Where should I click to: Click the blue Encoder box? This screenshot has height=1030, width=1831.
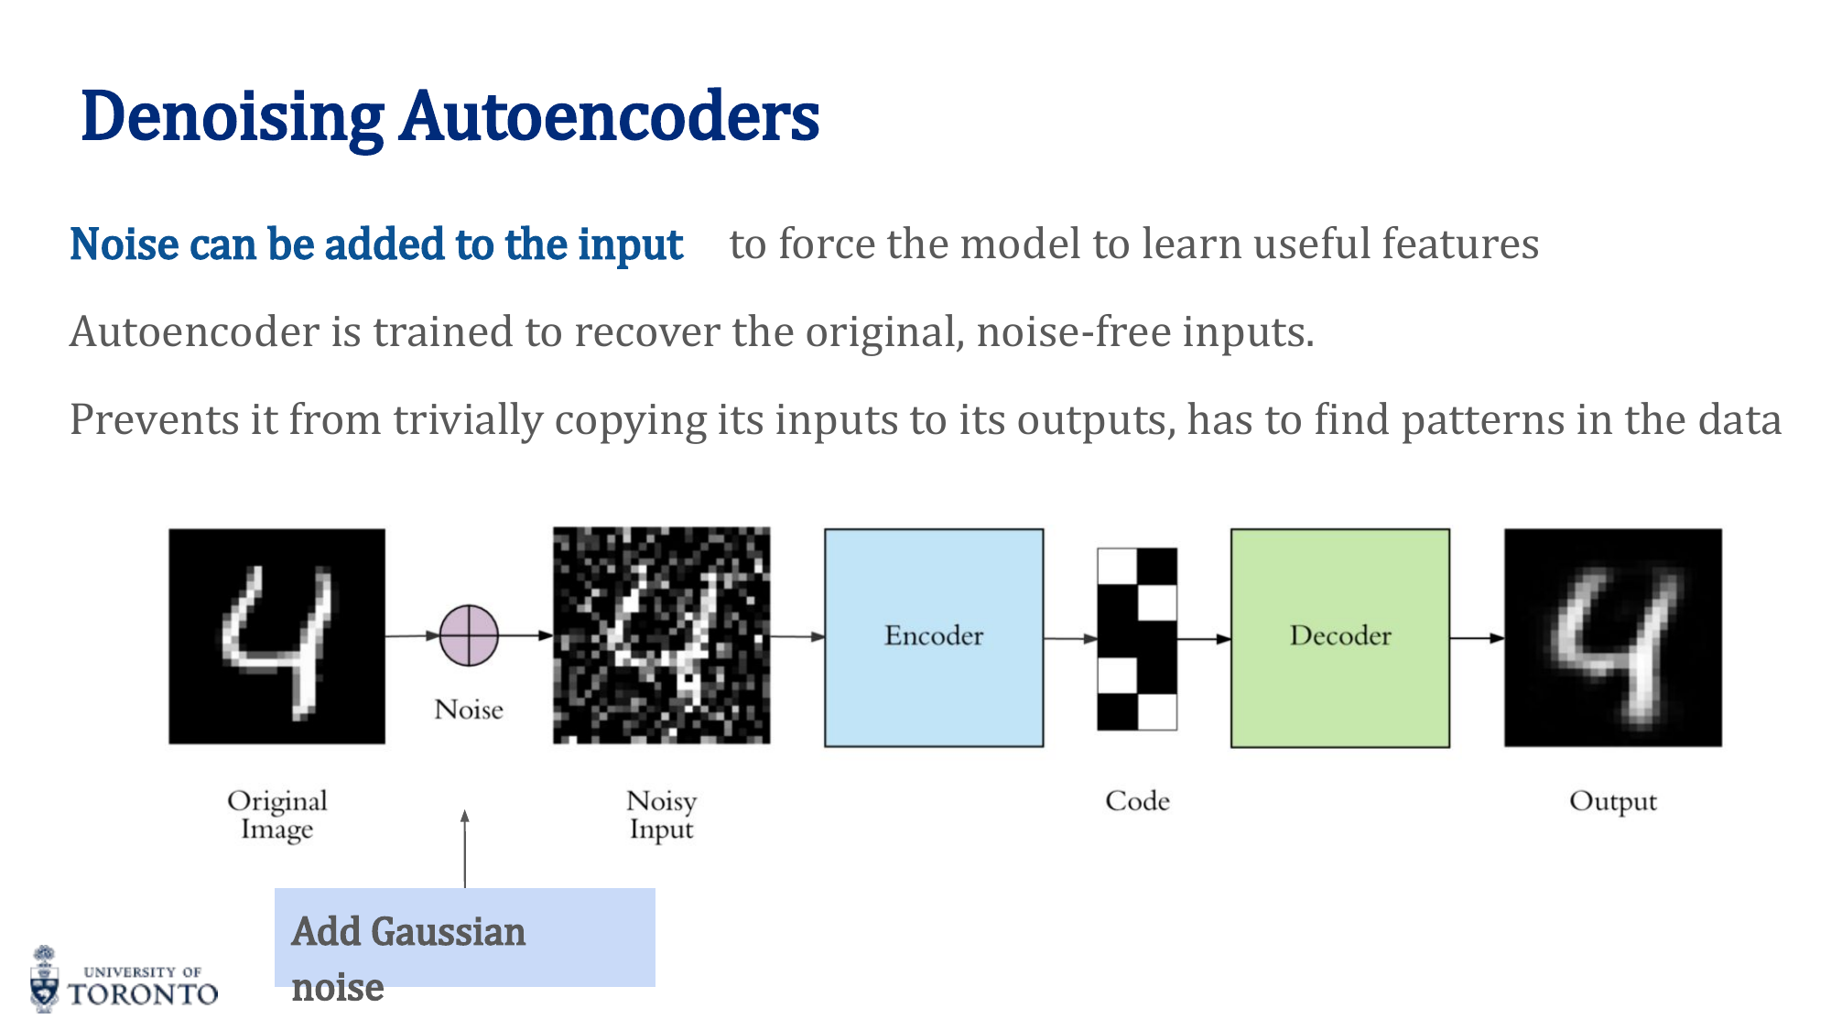click(x=934, y=637)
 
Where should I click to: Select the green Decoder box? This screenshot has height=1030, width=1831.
click(x=1339, y=637)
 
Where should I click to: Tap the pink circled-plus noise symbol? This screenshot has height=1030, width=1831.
click(x=469, y=635)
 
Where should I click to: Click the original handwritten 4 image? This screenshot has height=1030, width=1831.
click(x=276, y=636)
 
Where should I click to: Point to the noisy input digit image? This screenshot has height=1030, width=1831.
click(x=661, y=635)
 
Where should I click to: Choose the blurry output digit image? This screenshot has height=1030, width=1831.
click(x=1612, y=637)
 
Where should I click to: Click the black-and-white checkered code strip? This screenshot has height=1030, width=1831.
click(x=1137, y=638)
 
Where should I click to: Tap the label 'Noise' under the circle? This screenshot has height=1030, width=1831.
click(x=469, y=710)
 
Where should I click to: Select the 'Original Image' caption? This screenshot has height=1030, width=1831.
click(x=276, y=814)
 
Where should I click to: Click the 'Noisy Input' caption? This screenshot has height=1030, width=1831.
click(x=661, y=814)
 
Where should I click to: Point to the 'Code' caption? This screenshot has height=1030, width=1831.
click(x=1137, y=801)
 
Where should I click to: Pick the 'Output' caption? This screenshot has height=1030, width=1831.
click(x=1612, y=801)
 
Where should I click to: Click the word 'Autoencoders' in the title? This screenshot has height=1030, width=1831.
click(x=609, y=117)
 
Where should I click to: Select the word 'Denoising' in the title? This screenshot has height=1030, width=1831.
click(x=233, y=117)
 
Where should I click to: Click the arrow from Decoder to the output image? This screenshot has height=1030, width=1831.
click(x=1476, y=637)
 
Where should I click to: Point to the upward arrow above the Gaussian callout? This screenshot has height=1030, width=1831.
click(x=465, y=848)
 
